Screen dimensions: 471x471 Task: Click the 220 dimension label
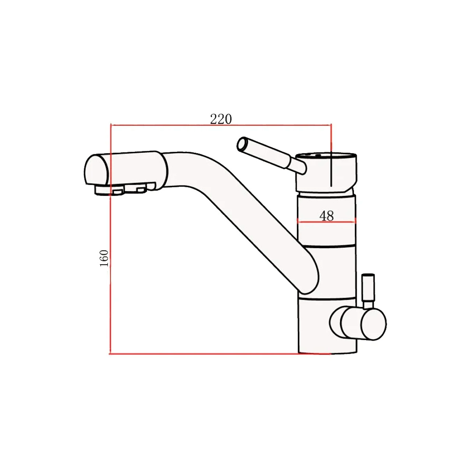pos(221,119)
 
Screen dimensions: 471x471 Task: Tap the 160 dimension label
pos(104,258)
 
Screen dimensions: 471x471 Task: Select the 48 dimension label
pos(326,216)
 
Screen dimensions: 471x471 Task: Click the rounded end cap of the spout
pos(96,170)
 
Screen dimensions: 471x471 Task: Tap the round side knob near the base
pos(358,324)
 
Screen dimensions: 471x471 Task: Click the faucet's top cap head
pos(326,172)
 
